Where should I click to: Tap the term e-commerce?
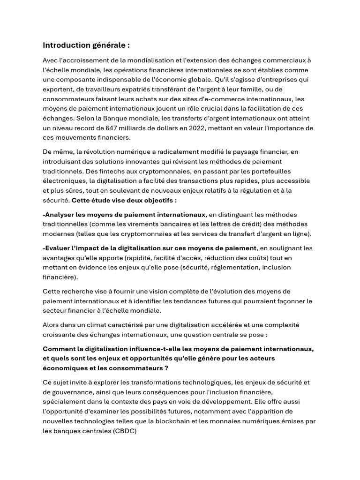tap(227, 99)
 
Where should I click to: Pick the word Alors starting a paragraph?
tap(52, 325)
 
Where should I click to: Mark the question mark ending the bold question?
tap(166, 368)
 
